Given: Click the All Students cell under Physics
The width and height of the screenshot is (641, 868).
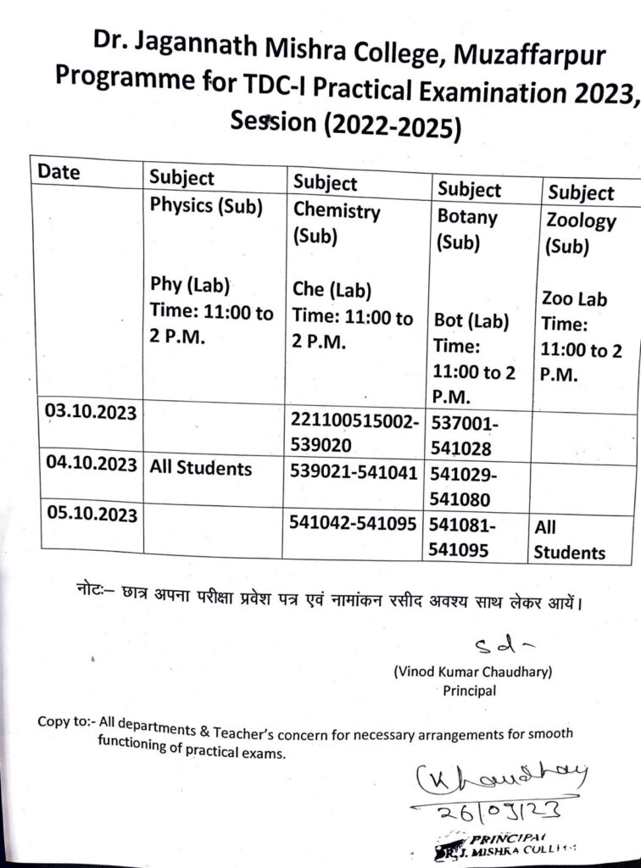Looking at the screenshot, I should pos(201,467).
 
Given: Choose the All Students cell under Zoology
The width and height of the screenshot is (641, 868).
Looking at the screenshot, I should pos(568,540).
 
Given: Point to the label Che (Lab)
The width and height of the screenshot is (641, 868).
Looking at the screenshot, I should pos(332,291).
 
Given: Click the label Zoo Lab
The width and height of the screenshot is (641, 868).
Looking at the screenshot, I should pos(575,299).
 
